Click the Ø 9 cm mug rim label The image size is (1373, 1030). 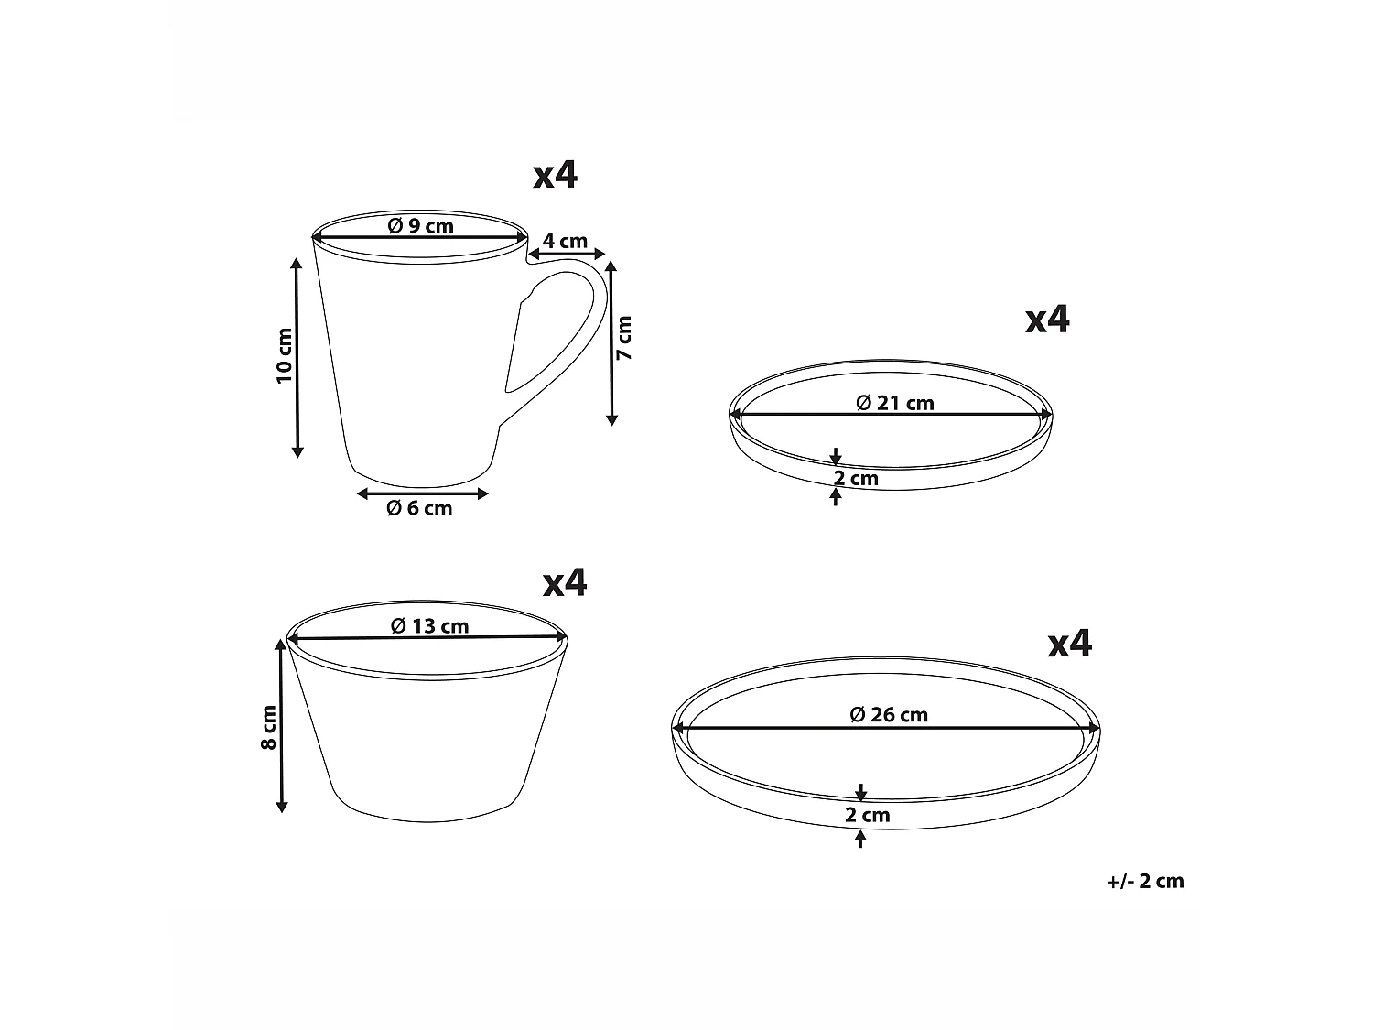[420, 226]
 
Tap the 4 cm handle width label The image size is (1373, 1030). [565, 241]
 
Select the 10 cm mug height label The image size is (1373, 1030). [285, 355]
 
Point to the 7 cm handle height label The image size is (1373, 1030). [624, 338]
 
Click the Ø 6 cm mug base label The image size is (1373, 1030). [419, 508]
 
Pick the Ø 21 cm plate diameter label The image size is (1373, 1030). [895, 404]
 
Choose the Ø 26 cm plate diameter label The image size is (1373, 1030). [889, 714]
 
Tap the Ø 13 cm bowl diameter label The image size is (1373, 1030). [429, 626]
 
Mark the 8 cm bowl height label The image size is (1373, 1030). [269, 727]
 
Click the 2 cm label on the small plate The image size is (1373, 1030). [857, 479]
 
